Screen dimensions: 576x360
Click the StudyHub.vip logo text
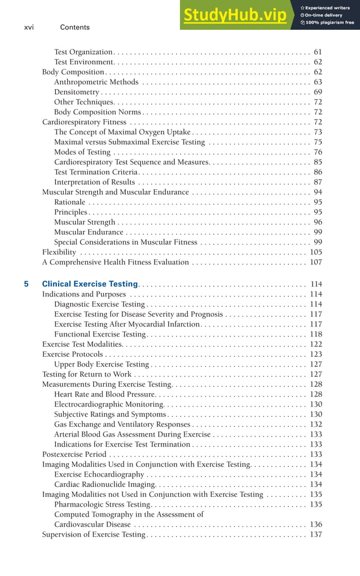pos(234,15)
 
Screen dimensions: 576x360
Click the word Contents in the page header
pos(74,27)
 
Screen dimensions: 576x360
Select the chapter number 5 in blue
pos(27,284)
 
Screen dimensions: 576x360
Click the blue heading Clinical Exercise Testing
pos(90,284)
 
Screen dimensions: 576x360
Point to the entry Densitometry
pos(77,92)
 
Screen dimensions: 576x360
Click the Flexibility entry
pos(59,252)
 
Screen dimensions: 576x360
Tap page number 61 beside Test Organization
pos(318,52)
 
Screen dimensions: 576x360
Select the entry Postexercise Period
pos(74,454)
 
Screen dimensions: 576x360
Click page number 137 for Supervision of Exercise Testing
pos(315,534)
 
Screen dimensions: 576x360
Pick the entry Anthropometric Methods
pos(96,82)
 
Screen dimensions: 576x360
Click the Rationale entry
pos(69,202)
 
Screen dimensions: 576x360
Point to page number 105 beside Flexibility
pos(315,252)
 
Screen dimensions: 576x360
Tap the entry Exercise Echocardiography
pos(99,474)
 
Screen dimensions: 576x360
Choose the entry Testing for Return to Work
pos(86,374)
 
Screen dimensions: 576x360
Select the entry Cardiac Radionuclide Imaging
pos(104,485)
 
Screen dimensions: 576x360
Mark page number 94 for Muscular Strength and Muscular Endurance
pos(318,192)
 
